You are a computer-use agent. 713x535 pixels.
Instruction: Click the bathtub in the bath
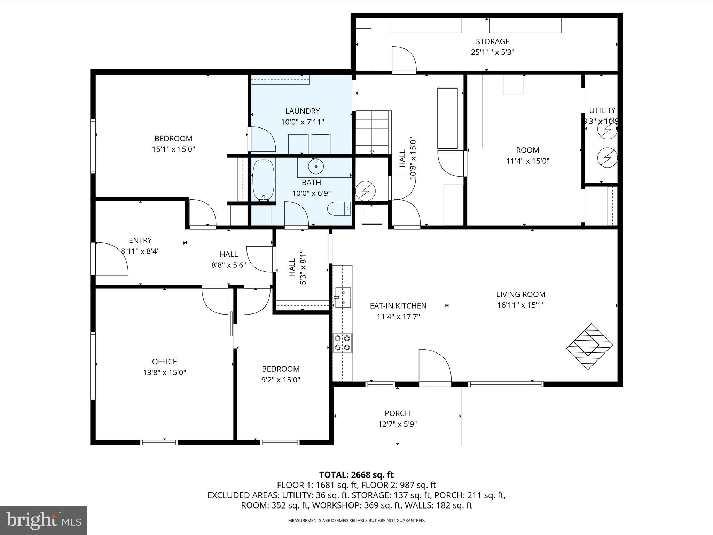[x=264, y=180]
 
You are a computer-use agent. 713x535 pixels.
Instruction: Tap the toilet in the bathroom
[x=339, y=208]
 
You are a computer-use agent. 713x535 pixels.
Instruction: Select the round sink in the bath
[x=316, y=166]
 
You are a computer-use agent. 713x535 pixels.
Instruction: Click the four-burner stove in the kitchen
[x=342, y=342]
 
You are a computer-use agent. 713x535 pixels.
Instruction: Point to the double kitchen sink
[x=343, y=297]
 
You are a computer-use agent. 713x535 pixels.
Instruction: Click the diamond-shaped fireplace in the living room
[x=589, y=347]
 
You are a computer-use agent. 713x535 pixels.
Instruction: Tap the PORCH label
[x=397, y=413]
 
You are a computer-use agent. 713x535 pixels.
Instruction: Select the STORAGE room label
[x=492, y=41]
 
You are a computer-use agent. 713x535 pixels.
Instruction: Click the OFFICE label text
[x=164, y=362]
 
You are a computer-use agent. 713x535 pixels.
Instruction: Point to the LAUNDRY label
[x=302, y=111]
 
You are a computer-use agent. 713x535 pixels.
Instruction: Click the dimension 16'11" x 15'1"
[x=521, y=305]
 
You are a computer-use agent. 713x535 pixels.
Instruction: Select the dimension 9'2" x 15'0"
[x=281, y=380]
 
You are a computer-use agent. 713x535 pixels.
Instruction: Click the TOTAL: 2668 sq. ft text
[x=356, y=475]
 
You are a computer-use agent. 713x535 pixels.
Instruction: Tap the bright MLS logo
[x=44, y=520]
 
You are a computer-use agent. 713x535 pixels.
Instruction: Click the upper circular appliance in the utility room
[x=607, y=129]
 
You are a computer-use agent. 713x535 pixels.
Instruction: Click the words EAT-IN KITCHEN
[x=398, y=306]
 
